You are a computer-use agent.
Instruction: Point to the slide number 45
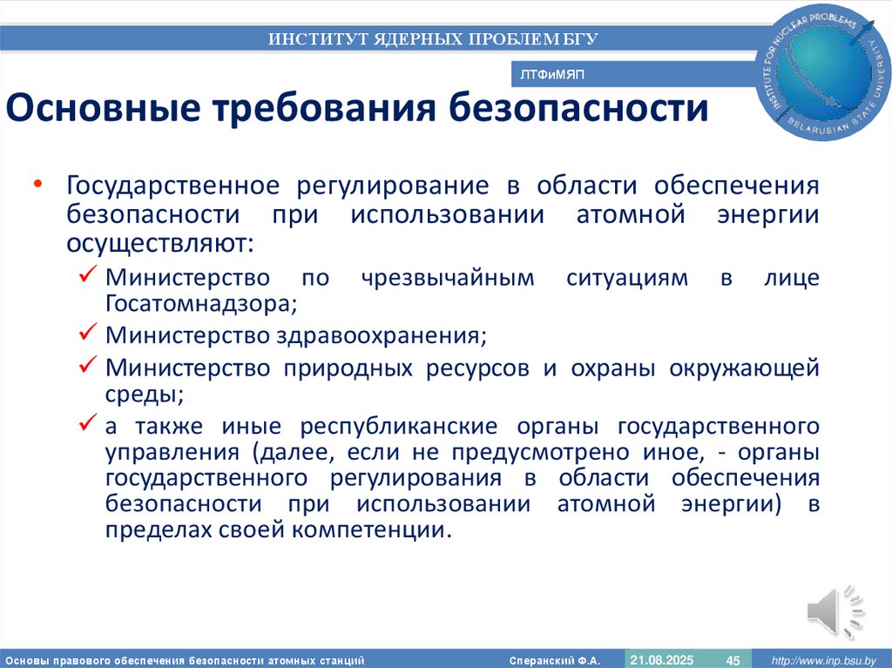733,660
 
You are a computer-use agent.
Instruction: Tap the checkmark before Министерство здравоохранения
87,334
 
